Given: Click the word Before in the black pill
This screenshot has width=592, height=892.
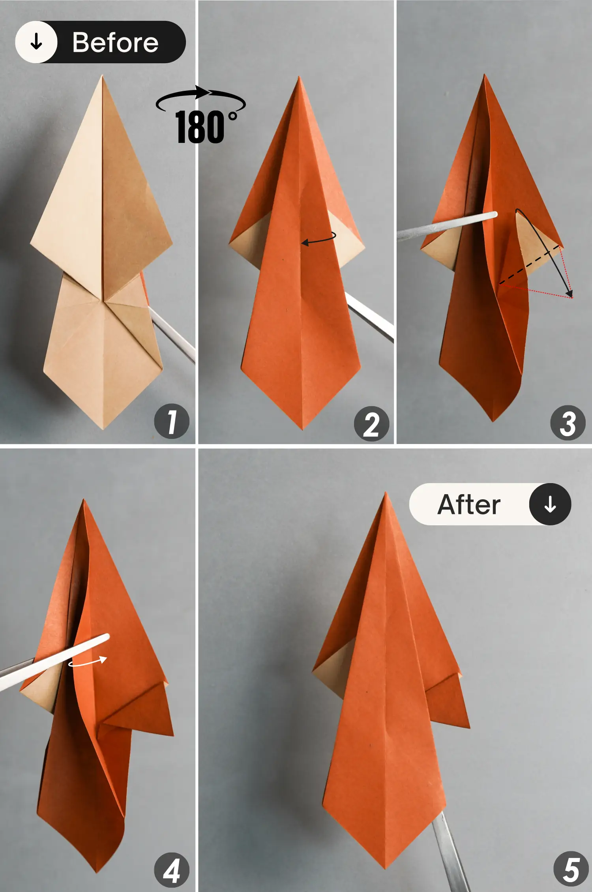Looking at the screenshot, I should tap(115, 42).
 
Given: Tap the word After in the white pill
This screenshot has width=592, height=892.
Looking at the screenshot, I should tap(469, 504).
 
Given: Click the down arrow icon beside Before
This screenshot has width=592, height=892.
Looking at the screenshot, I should tap(36, 41).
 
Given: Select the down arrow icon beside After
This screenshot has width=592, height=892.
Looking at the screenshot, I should tap(550, 504).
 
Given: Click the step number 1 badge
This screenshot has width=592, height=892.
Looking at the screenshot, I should tap(172, 421).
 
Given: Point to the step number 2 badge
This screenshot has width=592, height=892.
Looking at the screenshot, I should tap(371, 424).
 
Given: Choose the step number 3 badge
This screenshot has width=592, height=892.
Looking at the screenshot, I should tap(568, 423).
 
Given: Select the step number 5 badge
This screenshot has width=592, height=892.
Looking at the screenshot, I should tap(571, 870).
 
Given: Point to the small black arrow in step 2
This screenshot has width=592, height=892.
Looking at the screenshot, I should tap(318, 239).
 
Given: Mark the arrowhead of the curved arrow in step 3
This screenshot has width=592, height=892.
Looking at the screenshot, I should tap(569, 293).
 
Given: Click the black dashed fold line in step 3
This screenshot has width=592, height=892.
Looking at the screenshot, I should tap(529, 266).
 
